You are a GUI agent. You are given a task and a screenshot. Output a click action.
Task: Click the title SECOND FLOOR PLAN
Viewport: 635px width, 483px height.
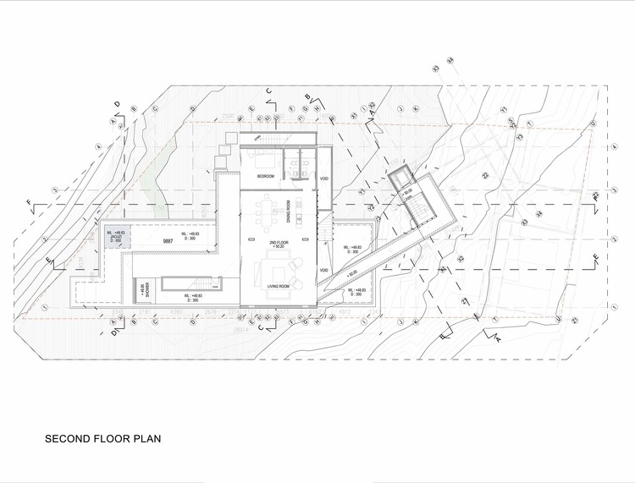(x=102, y=439)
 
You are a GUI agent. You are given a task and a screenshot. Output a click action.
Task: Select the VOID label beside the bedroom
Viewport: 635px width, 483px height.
(x=324, y=178)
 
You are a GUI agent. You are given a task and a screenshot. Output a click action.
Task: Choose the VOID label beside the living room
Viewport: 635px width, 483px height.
(x=323, y=271)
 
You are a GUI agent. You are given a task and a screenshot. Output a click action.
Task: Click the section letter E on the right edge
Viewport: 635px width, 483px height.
(x=598, y=256)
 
